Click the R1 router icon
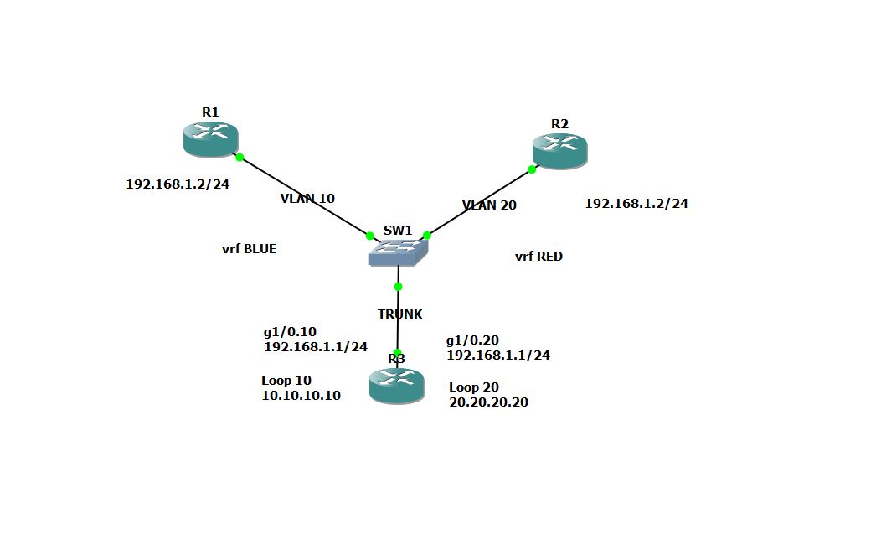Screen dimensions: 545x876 (x=210, y=139)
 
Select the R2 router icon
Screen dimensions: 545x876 (x=559, y=152)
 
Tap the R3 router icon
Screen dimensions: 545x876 (x=396, y=387)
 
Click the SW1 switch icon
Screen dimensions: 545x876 (x=398, y=251)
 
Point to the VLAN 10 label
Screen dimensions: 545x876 (x=307, y=199)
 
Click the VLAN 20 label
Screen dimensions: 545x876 (x=489, y=205)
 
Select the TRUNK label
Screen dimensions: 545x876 (x=399, y=314)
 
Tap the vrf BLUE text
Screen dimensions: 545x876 (x=249, y=249)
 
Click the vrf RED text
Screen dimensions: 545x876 (x=538, y=257)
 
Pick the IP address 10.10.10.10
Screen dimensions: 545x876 (x=301, y=396)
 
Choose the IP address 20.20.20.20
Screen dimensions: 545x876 (x=488, y=402)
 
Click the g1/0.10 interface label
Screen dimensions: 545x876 (x=290, y=331)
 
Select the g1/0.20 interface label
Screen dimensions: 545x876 (x=472, y=340)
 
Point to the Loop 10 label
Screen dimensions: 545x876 (x=286, y=381)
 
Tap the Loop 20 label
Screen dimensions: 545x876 (x=473, y=387)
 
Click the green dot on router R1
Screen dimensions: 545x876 (x=240, y=157)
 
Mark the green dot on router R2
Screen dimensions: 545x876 (x=532, y=169)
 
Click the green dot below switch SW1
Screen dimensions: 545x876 (x=398, y=287)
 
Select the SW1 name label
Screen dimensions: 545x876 (x=398, y=231)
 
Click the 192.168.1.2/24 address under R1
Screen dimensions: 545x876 (x=178, y=184)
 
